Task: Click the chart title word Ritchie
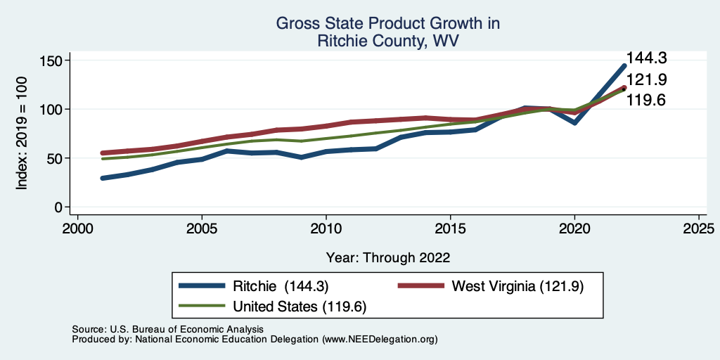pyautogui.click(x=341, y=41)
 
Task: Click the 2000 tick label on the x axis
pyautogui.click(x=77, y=229)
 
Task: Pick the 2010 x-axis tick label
pyautogui.click(x=326, y=229)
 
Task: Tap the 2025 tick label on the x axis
pyautogui.click(x=699, y=229)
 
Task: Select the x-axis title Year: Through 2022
pyautogui.click(x=388, y=257)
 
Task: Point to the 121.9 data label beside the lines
pyautogui.click(x=646, y=79)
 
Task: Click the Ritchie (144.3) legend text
pyautogui.click(x=281, y=286)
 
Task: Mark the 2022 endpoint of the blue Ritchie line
pyautogui.click(x=624, y=66)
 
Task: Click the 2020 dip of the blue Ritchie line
pyautogui.click(x=574, y=122)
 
